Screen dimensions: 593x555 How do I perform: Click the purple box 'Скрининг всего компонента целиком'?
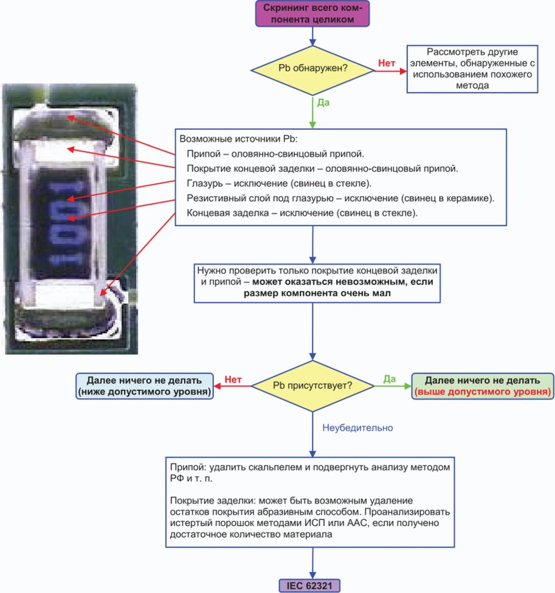[312, 14]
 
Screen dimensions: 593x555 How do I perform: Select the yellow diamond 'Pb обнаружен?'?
[313, 68]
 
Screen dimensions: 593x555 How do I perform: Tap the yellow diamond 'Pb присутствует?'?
[312, 386]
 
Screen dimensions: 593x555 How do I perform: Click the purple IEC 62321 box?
[309, 585]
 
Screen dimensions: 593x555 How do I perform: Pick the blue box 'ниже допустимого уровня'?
[144, 386]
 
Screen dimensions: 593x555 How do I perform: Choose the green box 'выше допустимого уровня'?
[482, 386]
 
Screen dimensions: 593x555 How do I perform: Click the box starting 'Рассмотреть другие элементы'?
[472, 69]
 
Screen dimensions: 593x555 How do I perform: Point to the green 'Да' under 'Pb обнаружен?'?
[324, 102]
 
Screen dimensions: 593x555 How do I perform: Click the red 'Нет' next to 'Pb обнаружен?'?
[387, 63]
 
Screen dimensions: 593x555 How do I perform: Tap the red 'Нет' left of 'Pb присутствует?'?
[233, 379]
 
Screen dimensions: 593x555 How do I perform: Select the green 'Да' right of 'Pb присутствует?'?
[390, 379]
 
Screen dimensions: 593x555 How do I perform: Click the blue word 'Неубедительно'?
[358, 428]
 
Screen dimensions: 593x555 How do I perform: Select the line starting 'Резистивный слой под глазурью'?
[340, 198]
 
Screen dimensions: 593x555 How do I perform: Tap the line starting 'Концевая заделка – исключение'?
[302, 213]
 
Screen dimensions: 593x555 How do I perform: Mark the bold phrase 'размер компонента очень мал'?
[317, 293]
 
